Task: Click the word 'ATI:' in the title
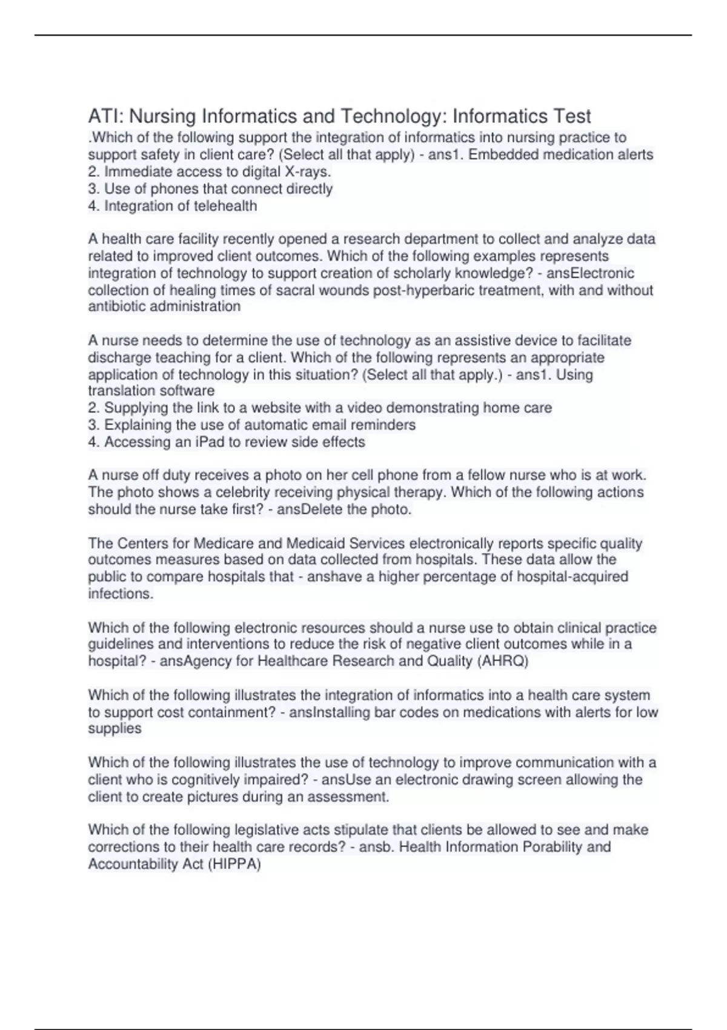coord(105,116)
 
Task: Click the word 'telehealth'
coord(224,206)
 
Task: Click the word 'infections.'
coord(121,594)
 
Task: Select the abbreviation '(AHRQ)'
coord(503,661)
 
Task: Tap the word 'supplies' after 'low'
coord(115,729)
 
